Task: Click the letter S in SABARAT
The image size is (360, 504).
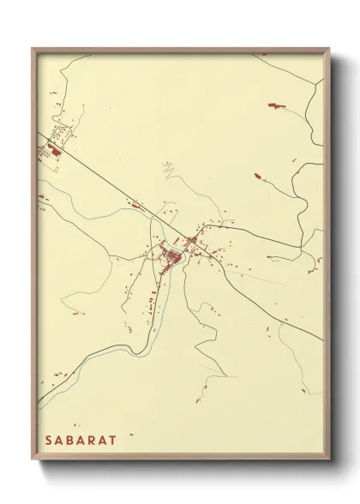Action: tap(49, 439)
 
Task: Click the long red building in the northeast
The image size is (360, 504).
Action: tap(277, 105)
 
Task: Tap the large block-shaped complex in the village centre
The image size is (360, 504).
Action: tap(172, 256)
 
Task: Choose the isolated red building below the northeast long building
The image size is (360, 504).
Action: tap(258, 176)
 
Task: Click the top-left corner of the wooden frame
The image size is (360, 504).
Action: tap(33, 49)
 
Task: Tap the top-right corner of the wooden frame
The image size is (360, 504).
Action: tap(328, 49)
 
